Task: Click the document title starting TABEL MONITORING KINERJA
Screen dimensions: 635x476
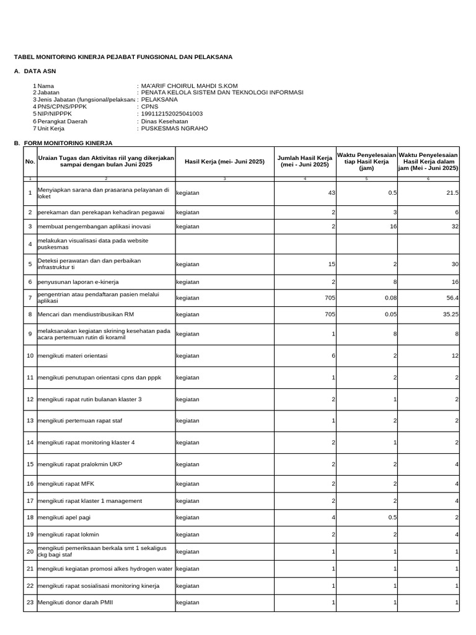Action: (x=123, y=57)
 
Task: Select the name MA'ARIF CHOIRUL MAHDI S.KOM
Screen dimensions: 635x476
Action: (x=189, y=86)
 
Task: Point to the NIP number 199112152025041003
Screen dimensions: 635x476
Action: (x=172, y=114)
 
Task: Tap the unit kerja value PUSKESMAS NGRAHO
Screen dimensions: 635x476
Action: (x=174, y=128)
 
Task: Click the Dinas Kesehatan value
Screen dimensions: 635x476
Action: (x=164, y=122)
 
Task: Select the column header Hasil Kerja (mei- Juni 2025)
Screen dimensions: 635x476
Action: (x=224, y=161)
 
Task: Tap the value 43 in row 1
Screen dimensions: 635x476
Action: (x=332, y=193)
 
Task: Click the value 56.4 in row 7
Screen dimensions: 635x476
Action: (x=452, y=298)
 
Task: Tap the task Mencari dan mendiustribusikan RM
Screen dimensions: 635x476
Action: (x=86, y=314)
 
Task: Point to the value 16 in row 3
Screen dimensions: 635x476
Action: (x=393, y=226)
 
